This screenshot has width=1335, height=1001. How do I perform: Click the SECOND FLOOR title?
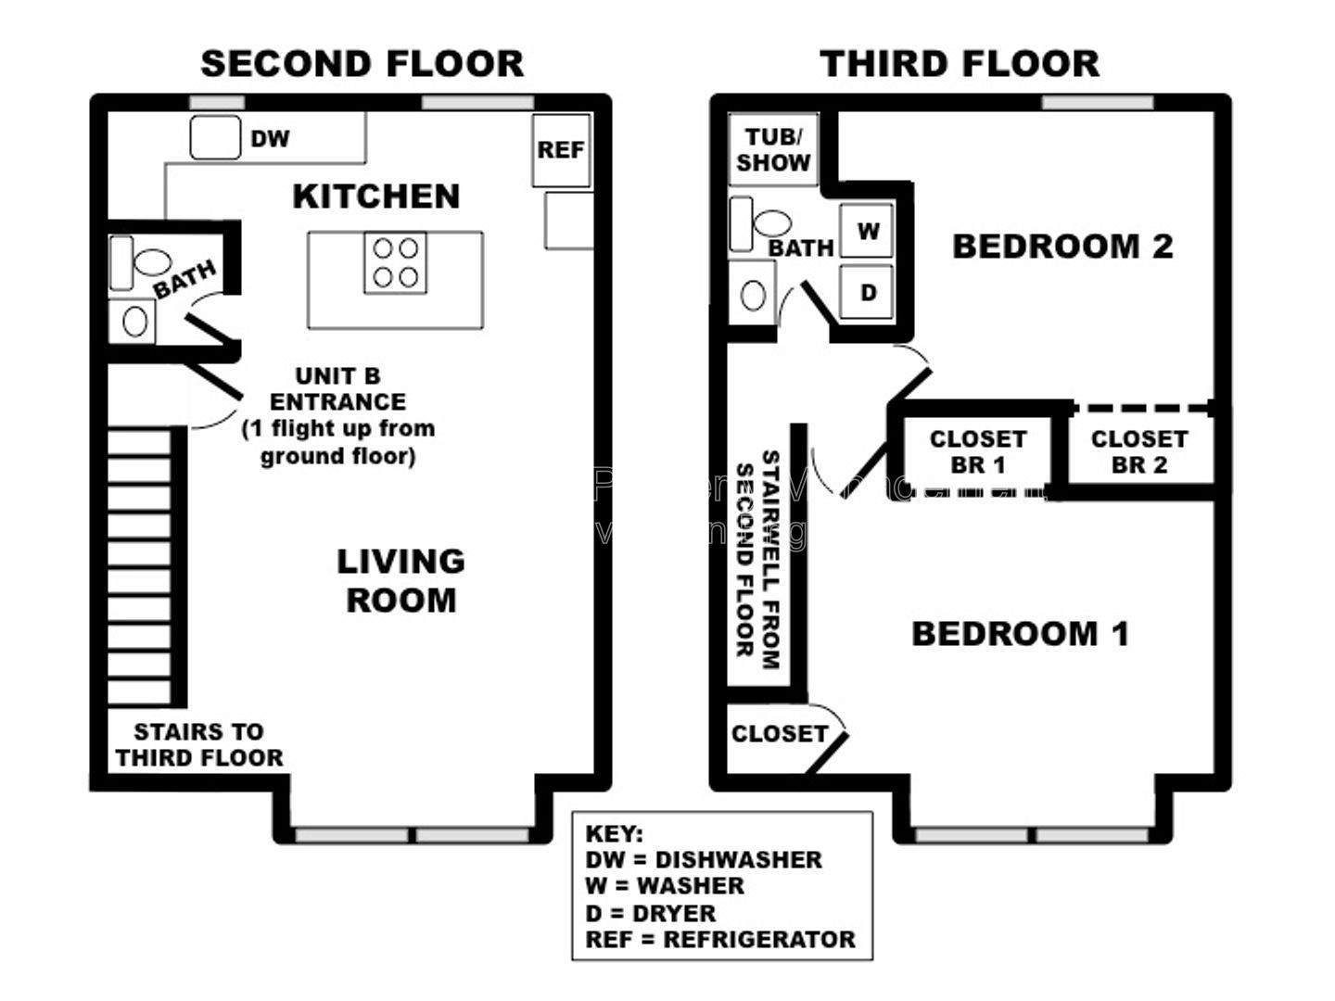tap(362, 64)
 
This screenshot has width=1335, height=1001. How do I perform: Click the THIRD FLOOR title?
tap(960, 64)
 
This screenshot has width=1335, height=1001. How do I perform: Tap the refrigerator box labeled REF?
tap(561, 150)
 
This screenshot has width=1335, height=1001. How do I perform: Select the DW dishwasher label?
tap(270, 139)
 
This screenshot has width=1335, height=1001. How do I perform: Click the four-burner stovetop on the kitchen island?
tap(395, 262)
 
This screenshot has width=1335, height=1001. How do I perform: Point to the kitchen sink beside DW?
tap(215, 138)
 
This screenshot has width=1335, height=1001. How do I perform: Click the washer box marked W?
tap(867, 231)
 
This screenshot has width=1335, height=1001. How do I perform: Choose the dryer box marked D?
tap(867, 293)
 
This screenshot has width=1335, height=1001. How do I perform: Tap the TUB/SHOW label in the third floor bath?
tap(773, 150)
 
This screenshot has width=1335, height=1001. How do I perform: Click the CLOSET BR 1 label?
tap(977, 452)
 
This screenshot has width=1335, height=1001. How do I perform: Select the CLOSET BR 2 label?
tap(1138, 452)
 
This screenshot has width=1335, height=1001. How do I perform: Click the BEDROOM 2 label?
tap(1062, 247)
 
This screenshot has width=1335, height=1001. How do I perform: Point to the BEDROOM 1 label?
tap(1020, 634)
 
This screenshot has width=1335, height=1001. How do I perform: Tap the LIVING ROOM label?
tap(400, 580)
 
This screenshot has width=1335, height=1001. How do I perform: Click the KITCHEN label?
tap(375, 196)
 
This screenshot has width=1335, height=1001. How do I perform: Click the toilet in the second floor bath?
tap(148, 261)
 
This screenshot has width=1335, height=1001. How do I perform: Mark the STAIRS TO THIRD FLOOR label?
tap(199, 745)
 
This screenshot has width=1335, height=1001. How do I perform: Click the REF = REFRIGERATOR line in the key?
tap(720, 940)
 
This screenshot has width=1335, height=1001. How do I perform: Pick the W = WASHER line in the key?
tap(665, 886)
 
